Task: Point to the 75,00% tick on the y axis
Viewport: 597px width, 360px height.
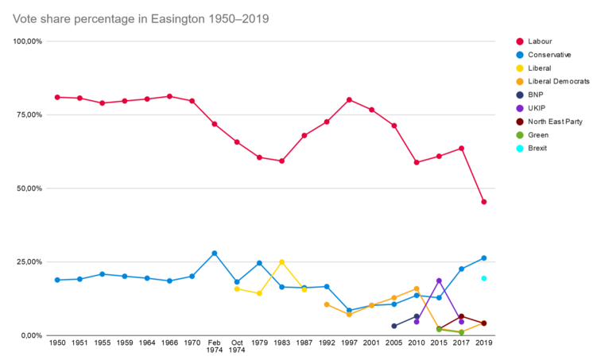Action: point(28,114)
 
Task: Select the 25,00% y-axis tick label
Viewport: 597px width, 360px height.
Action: point(28,261)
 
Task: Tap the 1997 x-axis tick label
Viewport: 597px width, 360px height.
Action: point(349,343)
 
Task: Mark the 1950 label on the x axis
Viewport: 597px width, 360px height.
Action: point(57,343)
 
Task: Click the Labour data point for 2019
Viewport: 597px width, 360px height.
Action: point(483,202)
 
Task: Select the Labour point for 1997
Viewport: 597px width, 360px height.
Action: point(349,100)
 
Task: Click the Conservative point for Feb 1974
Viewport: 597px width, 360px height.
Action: point(215,254)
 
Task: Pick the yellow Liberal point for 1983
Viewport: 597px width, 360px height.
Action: point(281,262)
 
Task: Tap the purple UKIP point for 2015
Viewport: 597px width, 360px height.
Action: point(439,281)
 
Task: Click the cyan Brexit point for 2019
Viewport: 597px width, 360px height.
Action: point(483,278)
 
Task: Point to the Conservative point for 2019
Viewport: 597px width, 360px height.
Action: point(483,258)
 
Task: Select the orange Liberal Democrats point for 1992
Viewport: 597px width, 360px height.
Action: point(327,304)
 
